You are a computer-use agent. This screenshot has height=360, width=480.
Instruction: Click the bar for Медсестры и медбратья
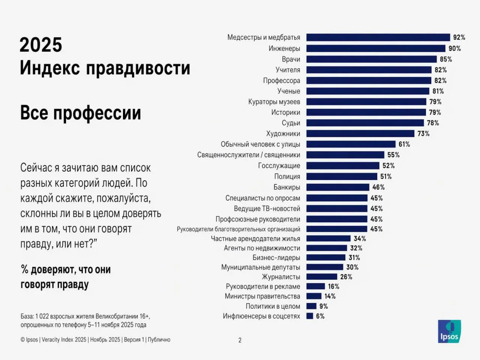tap(378, 37)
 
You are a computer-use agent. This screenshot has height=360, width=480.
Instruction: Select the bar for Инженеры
tap(376, 48)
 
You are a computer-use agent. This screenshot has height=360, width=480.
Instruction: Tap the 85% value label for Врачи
tap(446, 59)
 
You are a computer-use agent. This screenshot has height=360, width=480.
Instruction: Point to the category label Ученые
tap(289, 91)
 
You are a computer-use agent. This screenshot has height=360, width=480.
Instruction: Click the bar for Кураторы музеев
tap(366, 102)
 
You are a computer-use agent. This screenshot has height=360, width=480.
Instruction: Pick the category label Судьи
tap(291, 123)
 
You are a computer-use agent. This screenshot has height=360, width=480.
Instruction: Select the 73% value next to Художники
tap(423, 133)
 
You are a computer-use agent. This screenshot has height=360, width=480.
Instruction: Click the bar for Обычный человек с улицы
tap(351, 144)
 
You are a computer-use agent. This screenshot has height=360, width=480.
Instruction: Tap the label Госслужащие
tap(279, 166)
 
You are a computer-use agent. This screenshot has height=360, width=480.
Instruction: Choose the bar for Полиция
tap(342, 176)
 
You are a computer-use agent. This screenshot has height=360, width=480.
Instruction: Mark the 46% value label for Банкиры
tap(378, 187)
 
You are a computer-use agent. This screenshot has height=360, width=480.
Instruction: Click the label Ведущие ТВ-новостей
tap(267, 208)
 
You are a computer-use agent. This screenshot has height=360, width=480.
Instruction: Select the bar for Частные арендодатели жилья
tap(328, 238)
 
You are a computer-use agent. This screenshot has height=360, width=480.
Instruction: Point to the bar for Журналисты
tap(322, 277)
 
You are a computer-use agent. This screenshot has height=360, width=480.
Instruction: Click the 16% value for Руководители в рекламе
tap(333, 286)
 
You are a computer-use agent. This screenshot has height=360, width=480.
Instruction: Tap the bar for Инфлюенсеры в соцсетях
tap(310, 316)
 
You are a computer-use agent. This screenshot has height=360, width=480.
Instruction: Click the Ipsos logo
tap(449, 331)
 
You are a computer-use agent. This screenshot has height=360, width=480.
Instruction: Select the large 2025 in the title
tap(41, 45)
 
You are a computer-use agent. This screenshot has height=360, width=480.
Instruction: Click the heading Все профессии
tap(81, 113)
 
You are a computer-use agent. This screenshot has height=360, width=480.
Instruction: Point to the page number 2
tap(240, 340)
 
